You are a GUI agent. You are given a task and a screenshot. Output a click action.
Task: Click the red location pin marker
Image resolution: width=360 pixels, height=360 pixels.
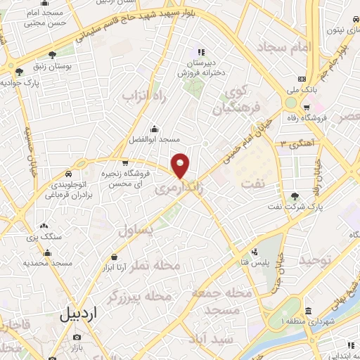pyautogui.click(x=181, y=165)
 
